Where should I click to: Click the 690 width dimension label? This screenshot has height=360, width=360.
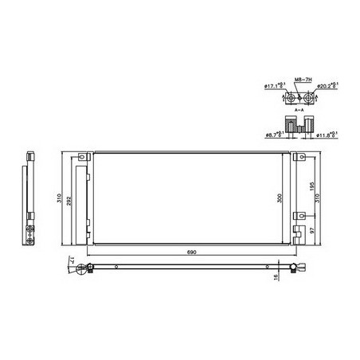click(191, 252)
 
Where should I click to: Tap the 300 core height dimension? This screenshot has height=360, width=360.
click(280, 198)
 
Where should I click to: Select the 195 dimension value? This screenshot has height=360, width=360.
click(313, 182)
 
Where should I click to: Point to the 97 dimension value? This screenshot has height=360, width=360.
click(313, 229)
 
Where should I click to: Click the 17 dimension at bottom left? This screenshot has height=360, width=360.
click(72, 260)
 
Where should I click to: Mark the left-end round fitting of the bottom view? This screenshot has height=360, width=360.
click(82, 269)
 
